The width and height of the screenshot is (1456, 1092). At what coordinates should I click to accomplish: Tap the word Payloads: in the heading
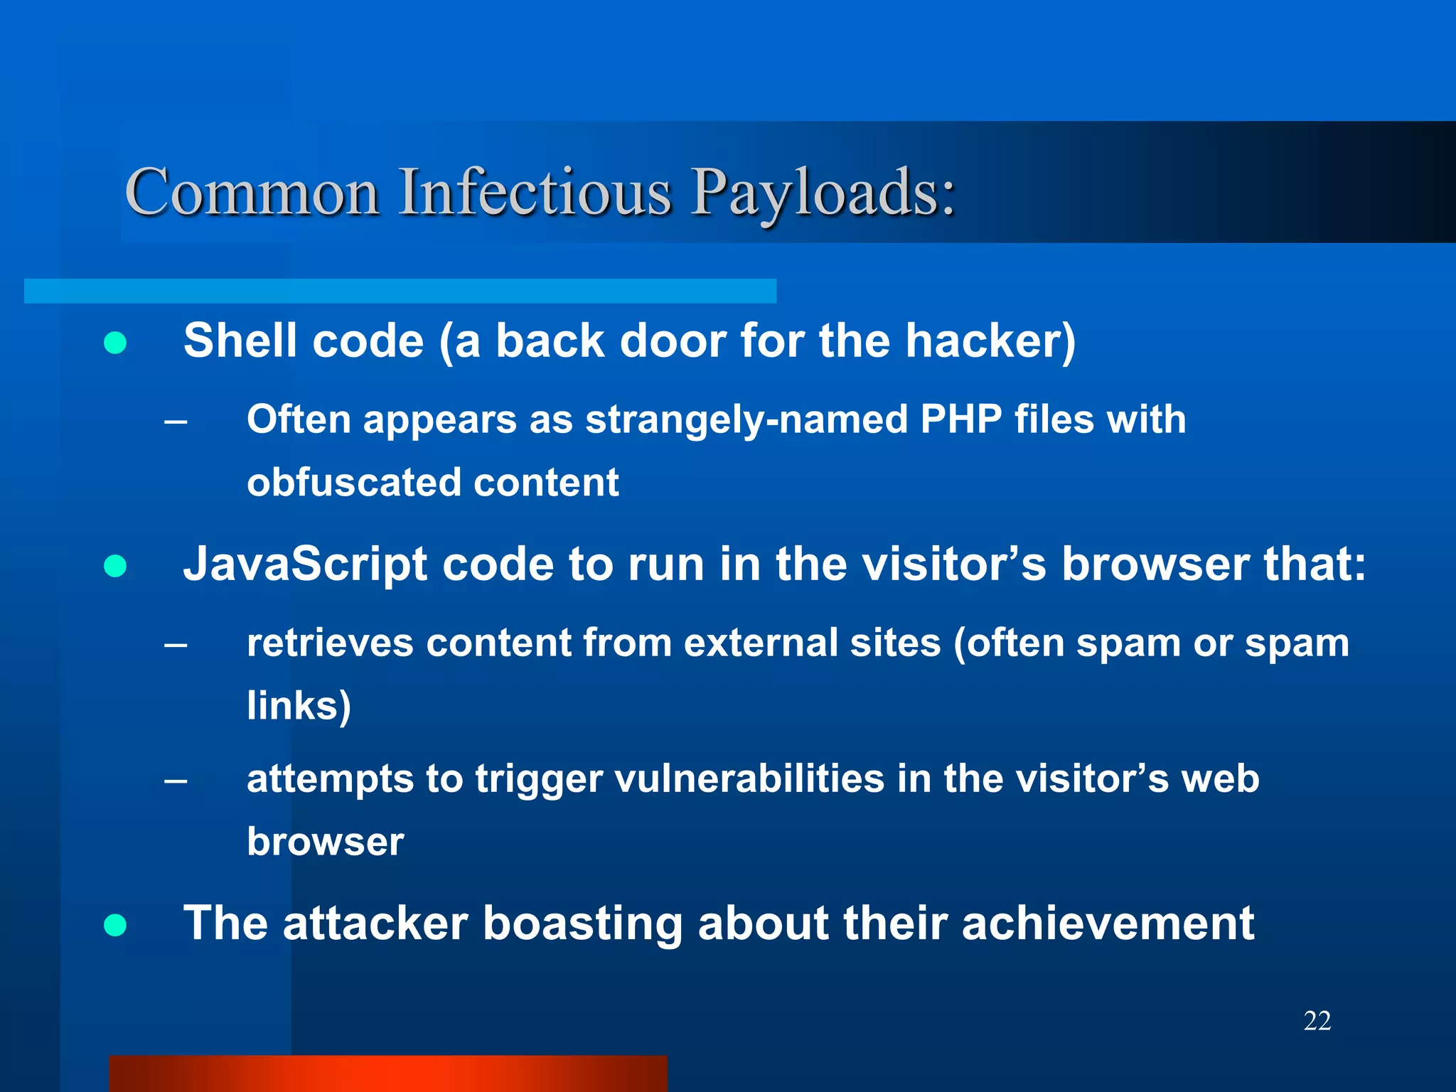[825, 193]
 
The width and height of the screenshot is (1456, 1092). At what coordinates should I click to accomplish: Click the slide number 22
[1317, 1021]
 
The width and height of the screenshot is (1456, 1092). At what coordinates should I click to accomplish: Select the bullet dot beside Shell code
[115, 343]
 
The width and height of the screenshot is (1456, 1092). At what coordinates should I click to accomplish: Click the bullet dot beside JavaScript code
[115, 567]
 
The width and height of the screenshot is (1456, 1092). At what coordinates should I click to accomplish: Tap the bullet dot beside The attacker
[115, 925]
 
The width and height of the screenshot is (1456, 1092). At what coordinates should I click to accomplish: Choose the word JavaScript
[305, 564]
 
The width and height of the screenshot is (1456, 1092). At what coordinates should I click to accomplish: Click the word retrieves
[330, 643]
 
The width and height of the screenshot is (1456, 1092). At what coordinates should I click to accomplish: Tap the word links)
[299, 706]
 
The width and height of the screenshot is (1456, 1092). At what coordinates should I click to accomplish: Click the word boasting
[583, 924]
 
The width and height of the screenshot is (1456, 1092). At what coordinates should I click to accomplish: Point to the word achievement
[1108, 924]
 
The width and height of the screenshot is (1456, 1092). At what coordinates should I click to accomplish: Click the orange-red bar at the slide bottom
[388, 1074]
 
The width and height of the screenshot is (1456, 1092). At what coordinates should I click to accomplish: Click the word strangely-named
[746, 419]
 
